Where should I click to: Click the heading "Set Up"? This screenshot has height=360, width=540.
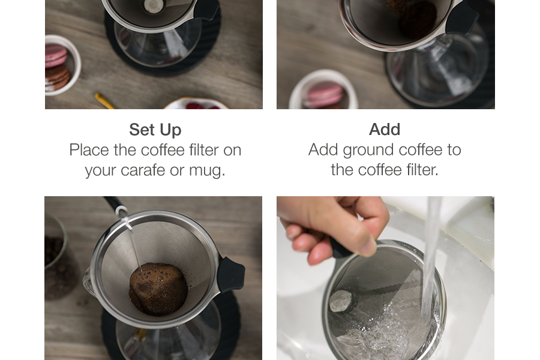tap(155, 130)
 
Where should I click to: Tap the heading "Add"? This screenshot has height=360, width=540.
tap(385, 130)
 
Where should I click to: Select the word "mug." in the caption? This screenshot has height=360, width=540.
tap(207, 171)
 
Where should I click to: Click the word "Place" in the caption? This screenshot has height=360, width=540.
tap(89, 150)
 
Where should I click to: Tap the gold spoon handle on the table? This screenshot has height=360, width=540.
tap(104, 101)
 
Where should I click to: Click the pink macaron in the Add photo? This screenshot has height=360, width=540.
tap(324, 95)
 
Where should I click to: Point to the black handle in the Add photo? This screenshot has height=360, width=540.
tap(461, 18)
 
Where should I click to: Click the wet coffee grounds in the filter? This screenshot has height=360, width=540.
tap(158, 289)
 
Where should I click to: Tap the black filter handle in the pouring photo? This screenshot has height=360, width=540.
tap(231, 274)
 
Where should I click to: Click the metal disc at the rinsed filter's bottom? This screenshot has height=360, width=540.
tap(341, 301)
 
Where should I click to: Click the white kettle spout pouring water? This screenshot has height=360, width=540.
tap(122, 211)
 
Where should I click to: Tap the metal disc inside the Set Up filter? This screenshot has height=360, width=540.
tap(153, 6)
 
